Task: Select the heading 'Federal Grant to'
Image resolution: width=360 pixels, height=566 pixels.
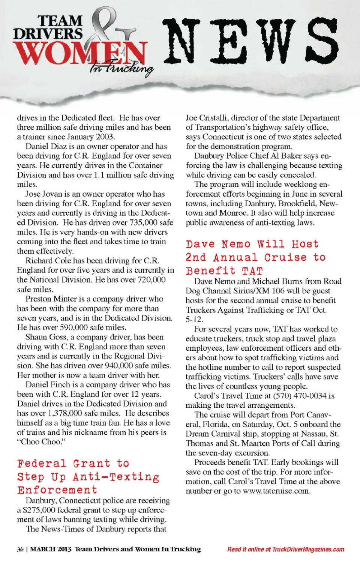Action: pos(73,463)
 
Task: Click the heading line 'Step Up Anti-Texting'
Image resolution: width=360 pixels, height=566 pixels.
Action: pos(88,477)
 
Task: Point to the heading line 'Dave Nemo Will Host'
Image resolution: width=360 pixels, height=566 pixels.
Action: pos(252,244)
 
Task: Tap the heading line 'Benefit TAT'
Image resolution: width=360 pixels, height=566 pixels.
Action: pos(224,271)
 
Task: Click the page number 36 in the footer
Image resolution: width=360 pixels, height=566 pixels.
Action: pos(20,549)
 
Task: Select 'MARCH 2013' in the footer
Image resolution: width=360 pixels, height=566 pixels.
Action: pos(51,549)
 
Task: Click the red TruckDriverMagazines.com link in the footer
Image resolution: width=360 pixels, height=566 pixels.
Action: pos(308,549)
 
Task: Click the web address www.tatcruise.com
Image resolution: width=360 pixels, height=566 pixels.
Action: pos(276,491)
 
